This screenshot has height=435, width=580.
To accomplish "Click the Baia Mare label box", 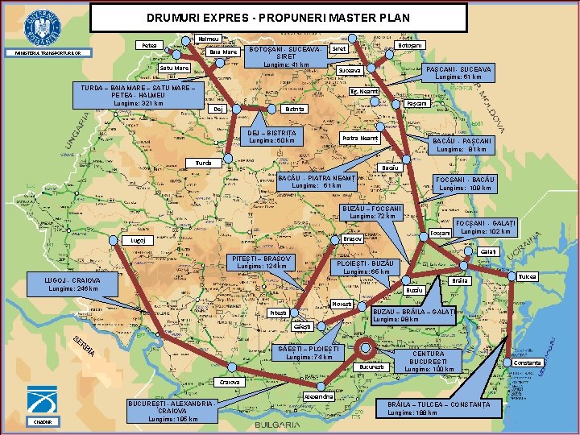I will coord(223,52).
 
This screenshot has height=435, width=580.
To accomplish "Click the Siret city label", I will coord(339,49).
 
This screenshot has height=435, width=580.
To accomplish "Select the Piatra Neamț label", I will coord(359,139).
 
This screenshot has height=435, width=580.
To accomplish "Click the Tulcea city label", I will coord(527,276).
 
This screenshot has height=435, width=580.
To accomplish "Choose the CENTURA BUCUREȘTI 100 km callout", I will coord(433,361).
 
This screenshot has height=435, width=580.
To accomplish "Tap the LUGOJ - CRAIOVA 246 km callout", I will coord(73,284).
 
